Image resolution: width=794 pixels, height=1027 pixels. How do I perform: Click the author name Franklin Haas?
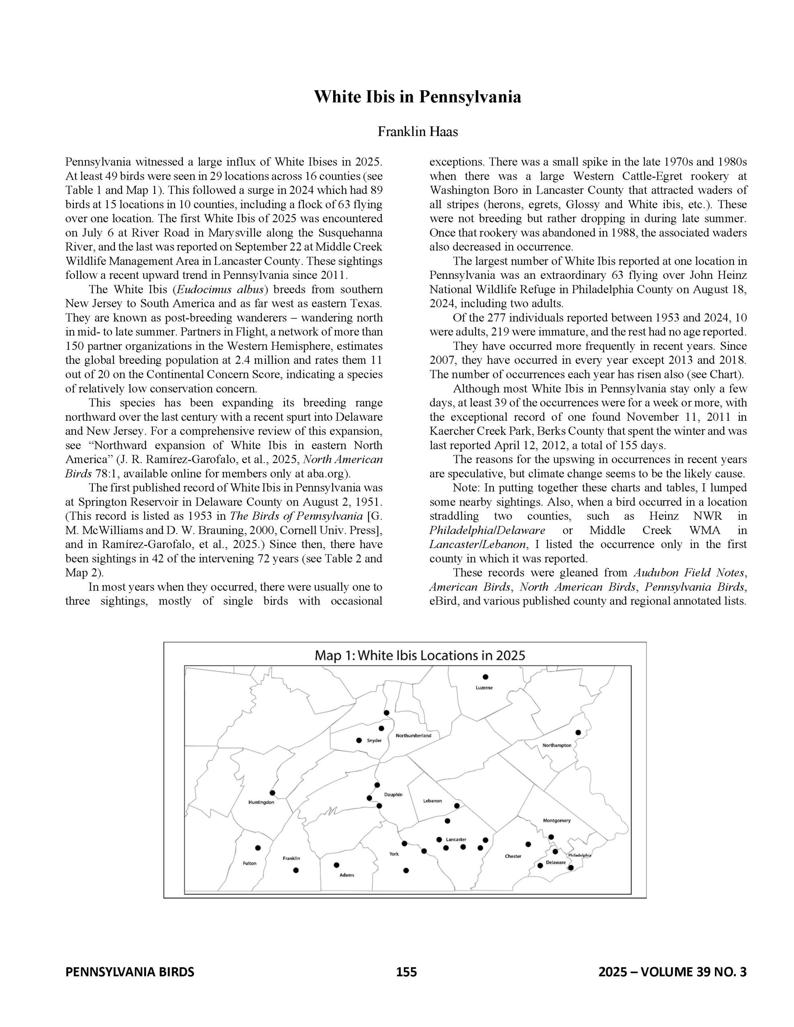(x=417, y=132)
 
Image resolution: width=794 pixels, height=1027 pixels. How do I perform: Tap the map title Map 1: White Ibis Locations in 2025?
(x=419, y=656)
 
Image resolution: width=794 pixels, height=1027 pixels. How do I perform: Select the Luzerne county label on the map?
(x=484, y=688)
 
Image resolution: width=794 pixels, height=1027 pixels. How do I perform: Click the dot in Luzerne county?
(x=485, y=677)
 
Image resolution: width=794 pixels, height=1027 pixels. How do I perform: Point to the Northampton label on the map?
(x=557, y=745)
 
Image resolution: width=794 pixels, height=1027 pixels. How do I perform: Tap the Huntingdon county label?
(x=261, y=802)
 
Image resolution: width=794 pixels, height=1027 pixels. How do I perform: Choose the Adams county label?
(x=347, y=875)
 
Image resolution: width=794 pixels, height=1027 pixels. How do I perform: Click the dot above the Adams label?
(x=336, y=865)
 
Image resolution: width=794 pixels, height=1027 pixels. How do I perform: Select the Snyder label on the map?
(x=374, y=741)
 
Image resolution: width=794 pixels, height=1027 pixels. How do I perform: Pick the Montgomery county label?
(x=557, y=820)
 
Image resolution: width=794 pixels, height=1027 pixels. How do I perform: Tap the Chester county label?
(x=513, y=857)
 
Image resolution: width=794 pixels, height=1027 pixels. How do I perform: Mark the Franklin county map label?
(x=291, y=859)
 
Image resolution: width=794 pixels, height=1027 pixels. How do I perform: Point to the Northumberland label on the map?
(x=413, y=735)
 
